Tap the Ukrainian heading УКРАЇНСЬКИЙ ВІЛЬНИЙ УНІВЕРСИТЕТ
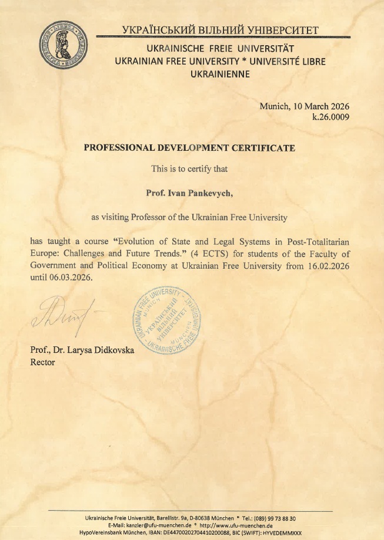click(220, 30)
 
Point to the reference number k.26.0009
click(331, 117)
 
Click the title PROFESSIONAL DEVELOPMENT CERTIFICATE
click(189, 148)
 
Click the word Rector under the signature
click(42, 362)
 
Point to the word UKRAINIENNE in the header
click(221, 74)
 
